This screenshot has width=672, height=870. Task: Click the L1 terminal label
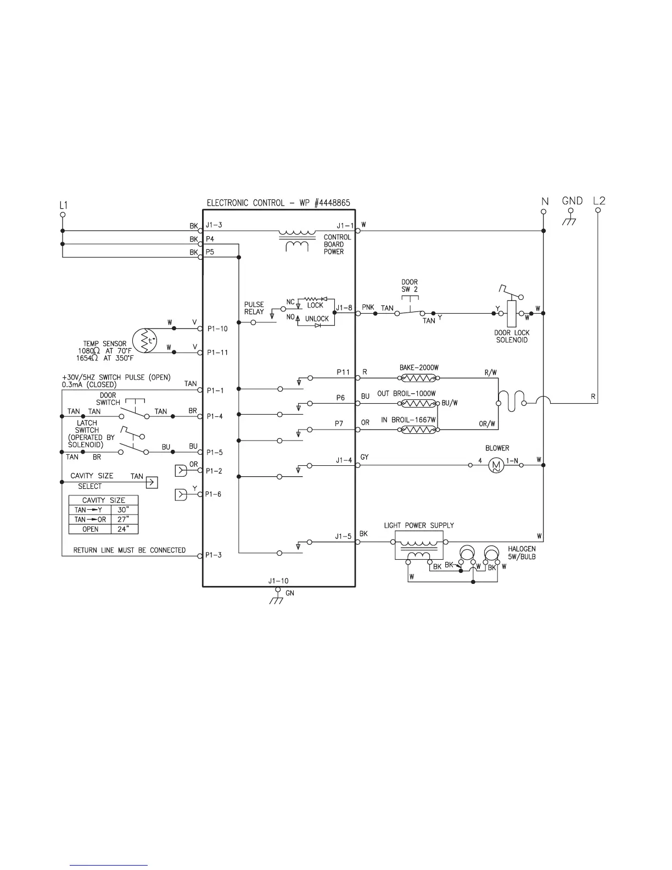(x=63, y=204)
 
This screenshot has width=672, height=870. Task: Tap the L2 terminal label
(x=599, y=201)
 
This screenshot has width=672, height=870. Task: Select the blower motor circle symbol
(x=496, y=466)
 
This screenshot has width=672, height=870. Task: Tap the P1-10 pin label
(x=217, y=329)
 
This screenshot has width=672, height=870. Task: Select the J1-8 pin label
(x=344, y=308)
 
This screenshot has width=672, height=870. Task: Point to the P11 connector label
(x=343, y=372)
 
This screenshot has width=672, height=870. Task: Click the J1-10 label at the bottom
(x=278, y=581)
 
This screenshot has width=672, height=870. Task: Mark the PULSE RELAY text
(x=254, y=308)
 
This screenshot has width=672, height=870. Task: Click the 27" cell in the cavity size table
(x=124, y=519)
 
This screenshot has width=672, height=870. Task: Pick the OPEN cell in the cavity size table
(x=90, y=529)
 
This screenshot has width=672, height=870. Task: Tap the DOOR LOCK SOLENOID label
(x=512, y=337)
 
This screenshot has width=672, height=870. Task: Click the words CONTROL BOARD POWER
(x=333, y=244)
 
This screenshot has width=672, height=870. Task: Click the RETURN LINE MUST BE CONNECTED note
(x=130, y=550)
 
